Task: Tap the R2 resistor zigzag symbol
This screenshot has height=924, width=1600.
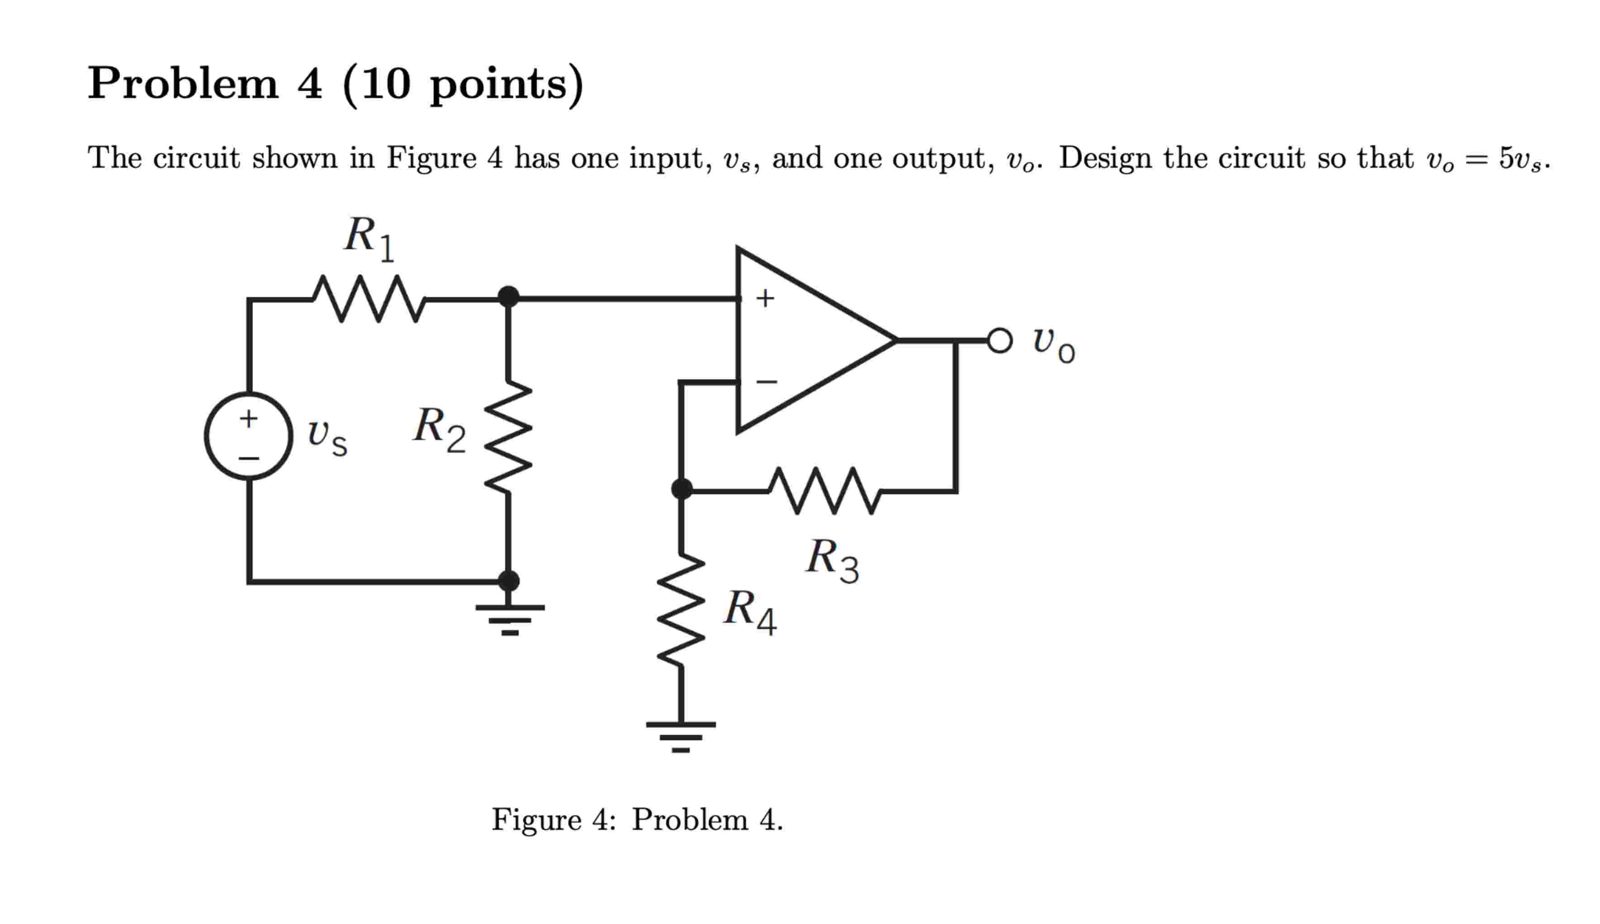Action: coord(508,436)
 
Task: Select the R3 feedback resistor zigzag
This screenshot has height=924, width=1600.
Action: coord(824,491)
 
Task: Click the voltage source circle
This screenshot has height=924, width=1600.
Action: coord(249,436)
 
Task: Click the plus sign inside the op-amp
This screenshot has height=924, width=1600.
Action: coord(765,298)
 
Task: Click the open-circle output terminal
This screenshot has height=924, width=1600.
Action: coord(1000,341)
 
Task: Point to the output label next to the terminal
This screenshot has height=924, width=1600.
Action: coord(1052,344)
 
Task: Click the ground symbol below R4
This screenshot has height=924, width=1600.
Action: coord(681,736)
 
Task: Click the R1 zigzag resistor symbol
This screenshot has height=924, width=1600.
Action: coord(369,298)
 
